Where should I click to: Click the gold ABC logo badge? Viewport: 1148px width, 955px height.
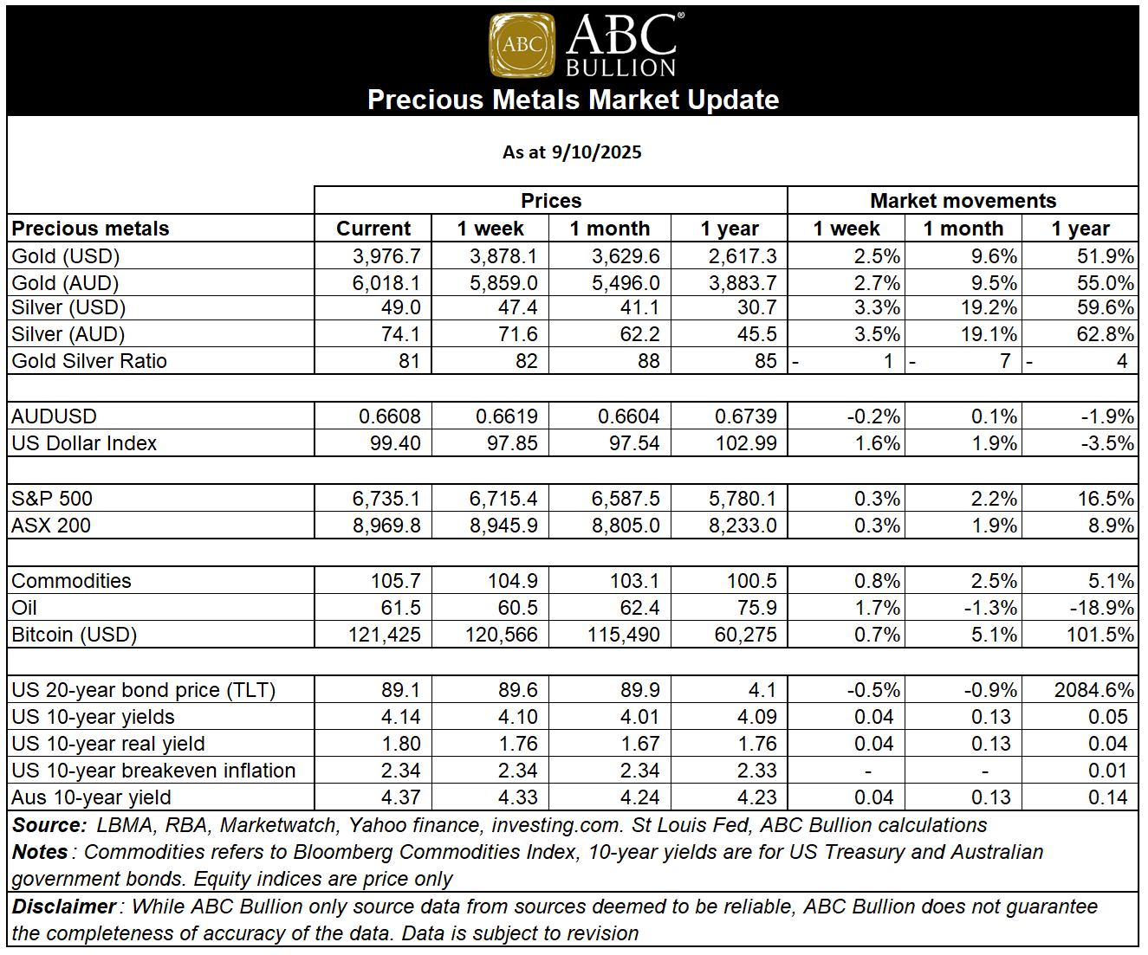[522, 45]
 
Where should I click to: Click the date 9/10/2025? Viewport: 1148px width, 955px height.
[596, 152]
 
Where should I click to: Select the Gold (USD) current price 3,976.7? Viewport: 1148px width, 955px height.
[386, 256]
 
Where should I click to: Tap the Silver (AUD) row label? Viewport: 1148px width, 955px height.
[68, 334]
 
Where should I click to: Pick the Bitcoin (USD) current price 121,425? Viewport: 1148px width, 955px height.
[384, 635]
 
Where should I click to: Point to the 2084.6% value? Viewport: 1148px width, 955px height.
[1093, 690]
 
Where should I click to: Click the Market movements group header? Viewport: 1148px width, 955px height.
[963, 201]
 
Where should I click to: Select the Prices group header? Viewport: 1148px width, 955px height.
[551, 201]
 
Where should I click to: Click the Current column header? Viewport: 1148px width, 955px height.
[373, 229]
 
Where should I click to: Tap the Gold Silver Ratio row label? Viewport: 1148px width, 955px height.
[89, 361]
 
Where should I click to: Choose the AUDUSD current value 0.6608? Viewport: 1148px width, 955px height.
[390, 416]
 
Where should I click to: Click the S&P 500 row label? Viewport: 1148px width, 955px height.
[52, 499]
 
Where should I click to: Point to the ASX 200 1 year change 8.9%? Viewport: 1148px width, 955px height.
[1111, 526]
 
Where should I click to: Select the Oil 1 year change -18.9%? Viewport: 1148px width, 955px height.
[1101, 608]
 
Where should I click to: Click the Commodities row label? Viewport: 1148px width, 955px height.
[71, 581]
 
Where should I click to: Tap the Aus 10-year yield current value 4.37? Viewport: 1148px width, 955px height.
[401, 797]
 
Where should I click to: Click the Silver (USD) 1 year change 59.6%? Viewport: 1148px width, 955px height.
[1106, 307]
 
